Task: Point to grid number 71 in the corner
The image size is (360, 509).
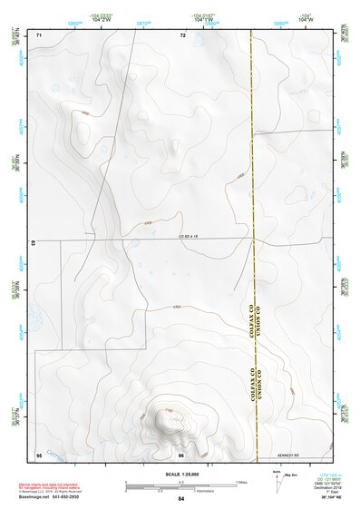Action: [39, 35]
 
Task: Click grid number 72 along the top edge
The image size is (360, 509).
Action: [182, 35]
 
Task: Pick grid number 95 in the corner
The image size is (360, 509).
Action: [39, 454]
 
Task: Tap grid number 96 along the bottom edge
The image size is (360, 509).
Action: [181, 454]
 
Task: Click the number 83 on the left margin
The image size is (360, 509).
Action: [33, 244]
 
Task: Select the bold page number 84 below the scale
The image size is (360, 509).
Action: [181, 499]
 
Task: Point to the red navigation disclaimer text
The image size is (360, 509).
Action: [70, 485]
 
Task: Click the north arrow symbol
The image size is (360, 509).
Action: [277, 479]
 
